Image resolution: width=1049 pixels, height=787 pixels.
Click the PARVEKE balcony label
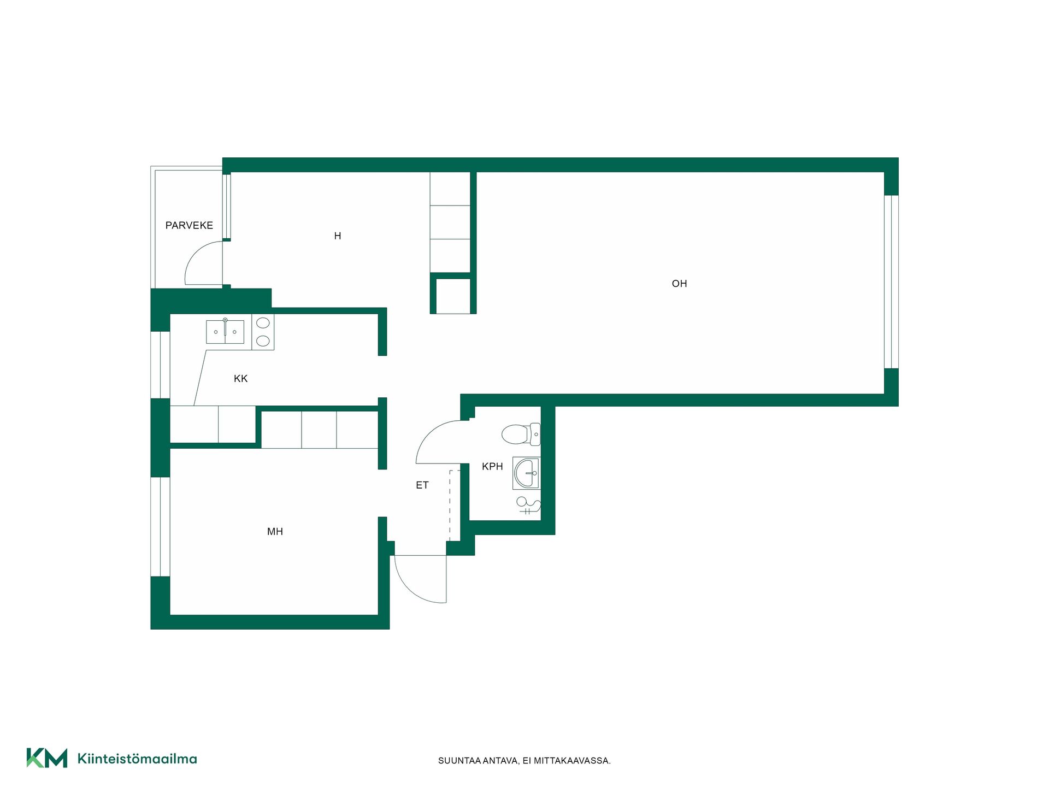click(189, 225)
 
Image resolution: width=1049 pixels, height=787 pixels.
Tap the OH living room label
click(679, 284)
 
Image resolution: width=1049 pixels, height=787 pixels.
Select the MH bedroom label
click(275, 531)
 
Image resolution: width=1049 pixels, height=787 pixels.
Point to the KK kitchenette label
click(240, 378)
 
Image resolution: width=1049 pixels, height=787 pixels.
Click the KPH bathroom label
click(492, 466)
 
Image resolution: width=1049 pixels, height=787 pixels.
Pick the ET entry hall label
click(422, 485)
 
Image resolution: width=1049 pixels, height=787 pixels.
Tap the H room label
click(338, 236)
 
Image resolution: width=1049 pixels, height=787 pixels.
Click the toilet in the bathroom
click(521, 434)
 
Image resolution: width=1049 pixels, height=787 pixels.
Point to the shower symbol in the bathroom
click(528, 506)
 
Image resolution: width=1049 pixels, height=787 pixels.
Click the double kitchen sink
click(225, 332)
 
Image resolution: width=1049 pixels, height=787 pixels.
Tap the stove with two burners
click(263, 332)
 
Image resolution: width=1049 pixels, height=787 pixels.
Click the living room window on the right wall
click(891, 282)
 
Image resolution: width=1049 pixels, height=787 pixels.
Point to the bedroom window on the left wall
click(160, 527)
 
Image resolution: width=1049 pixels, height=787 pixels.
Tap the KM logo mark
click(47, 758)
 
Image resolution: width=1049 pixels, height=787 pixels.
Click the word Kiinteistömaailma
click(137, 759)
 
